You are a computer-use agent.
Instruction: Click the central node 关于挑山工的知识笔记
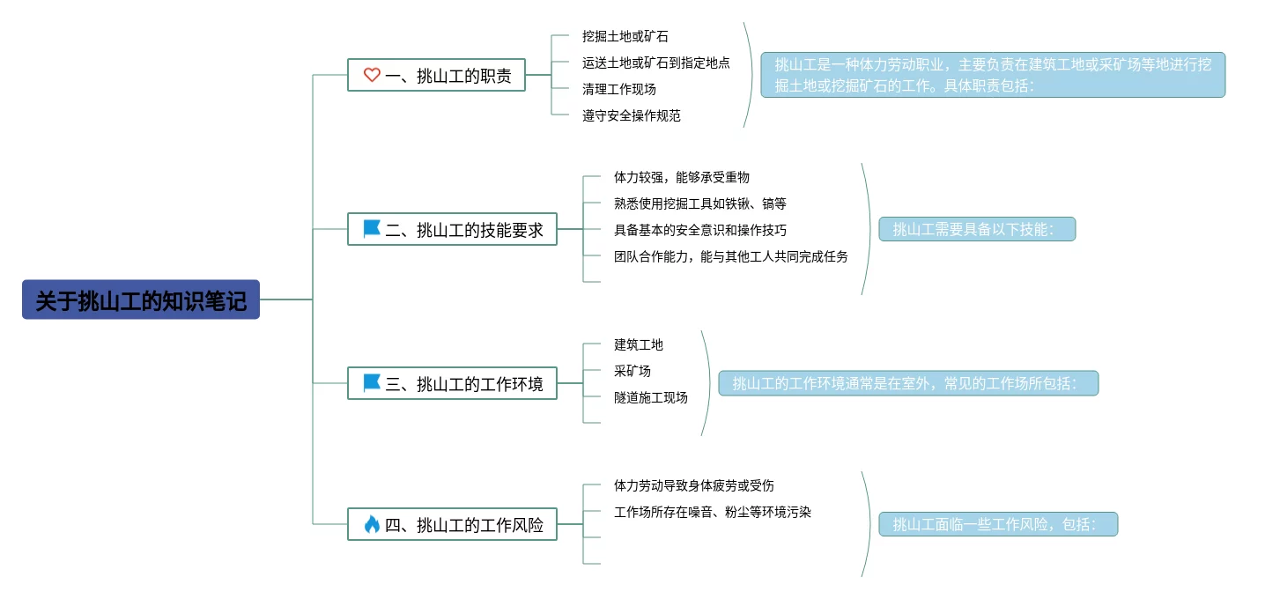pyautogui.click(x=141, y=299)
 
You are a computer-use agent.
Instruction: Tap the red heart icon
pyautogui.click(x=372, y=76)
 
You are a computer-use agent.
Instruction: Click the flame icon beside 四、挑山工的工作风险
pyautogui.click(x=372, y=525)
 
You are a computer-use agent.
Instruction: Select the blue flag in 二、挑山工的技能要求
pyautogui.click(x=372, y=230)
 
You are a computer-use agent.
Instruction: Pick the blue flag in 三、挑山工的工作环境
pyautogui.click(x=372, y=383)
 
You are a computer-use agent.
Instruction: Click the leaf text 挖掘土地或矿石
pyautogui.click(x=625, y=36)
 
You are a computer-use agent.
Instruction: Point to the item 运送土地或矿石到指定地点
pyautogui.click(x=655, y=63)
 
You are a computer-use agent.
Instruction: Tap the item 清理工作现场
pyautogui.click(x=618, y=89)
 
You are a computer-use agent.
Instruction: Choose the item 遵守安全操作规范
pyautogui.click(x=631, y=115)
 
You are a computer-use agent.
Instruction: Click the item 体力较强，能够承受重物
pyautogui.click(x=681, y=177)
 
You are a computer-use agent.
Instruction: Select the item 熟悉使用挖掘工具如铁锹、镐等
pyautogui.click(x=699, y=203)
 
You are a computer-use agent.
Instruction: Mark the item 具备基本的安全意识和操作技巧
pyautogui.click(x=699, y=230)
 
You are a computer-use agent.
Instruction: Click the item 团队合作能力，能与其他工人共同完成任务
pyautogui.click(x=730, y=256)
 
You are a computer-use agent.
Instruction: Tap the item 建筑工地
pyautogui.click(x=638, y=344)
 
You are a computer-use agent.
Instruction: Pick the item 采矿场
pyautogui.click(x=632, y=371)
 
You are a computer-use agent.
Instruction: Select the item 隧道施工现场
pyautogui.click(x=650, y=397)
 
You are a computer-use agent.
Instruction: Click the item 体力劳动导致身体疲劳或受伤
pyautogui.click(x=693, y=485)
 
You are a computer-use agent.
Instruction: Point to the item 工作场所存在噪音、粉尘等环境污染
pyautogui.click(x=712, y=512)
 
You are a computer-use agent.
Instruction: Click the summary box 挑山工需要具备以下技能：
pyautogui.click(x=977, y=229)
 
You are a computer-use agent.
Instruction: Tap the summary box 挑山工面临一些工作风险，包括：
pyautogui.click(x=997, y=524)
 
